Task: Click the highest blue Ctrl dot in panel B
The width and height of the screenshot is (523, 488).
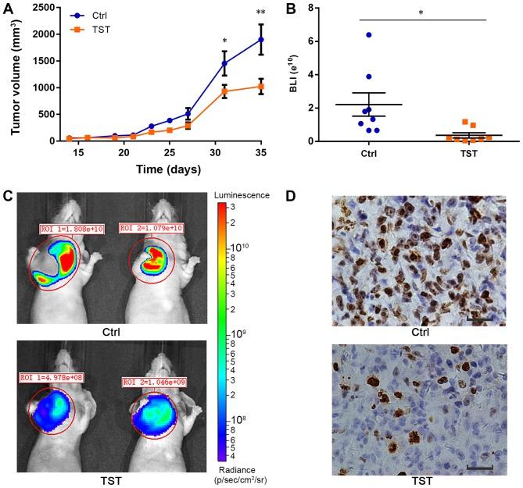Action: coord(346,35)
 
